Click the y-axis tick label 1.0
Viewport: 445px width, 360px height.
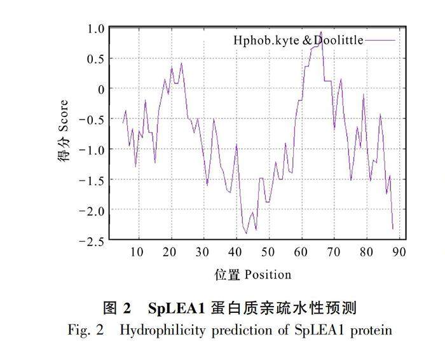96,29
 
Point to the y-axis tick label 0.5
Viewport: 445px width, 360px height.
96,59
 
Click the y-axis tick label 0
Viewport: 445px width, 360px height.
99,89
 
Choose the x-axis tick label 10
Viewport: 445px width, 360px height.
137,252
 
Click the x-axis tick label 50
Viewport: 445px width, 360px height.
268,252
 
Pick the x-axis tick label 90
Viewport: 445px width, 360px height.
399,252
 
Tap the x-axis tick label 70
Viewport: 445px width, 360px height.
334,252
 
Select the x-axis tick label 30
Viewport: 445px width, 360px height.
203,252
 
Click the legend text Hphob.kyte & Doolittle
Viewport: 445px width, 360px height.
298,41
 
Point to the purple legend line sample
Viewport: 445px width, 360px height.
380,41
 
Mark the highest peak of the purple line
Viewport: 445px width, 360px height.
322,32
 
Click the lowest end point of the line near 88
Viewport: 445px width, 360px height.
393,228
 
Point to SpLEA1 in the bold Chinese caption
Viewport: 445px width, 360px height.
175,309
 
